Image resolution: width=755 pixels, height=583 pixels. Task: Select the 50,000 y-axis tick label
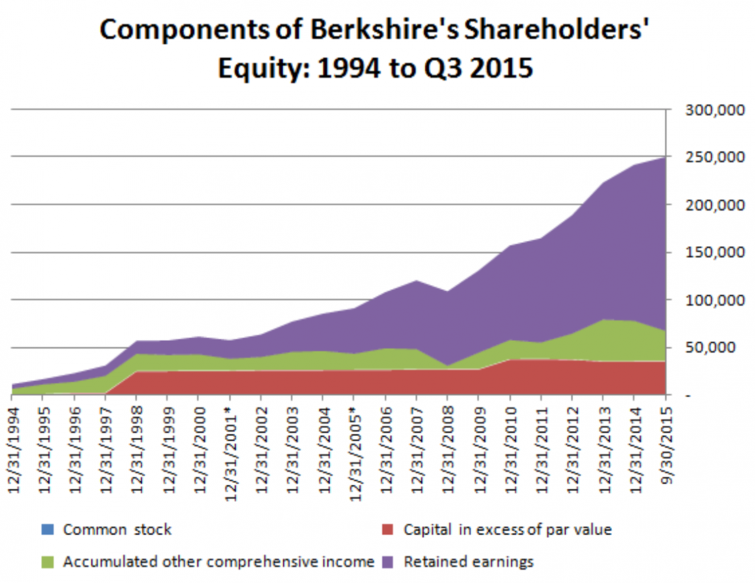click(x=709, y=348)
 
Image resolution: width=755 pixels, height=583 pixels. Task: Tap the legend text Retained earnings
click(x=469, y=562)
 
